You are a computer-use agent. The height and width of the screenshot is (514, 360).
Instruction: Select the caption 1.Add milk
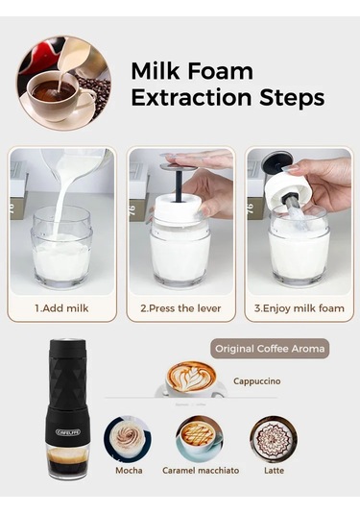[x=61, y=309]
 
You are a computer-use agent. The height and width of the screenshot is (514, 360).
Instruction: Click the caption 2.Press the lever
[x=180, y=309]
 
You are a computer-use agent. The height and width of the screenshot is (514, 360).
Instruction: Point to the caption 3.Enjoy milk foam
[x=299, y=309]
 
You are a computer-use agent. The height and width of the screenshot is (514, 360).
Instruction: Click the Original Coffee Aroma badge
[x=269, y=348]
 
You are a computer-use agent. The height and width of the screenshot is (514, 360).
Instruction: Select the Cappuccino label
[x=256, y=381]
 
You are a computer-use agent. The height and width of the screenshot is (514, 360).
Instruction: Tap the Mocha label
[x=129, y=470]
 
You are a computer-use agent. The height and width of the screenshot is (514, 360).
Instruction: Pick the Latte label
[x=274, y=470]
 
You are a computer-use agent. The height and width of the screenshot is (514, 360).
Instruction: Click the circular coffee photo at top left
[x=63, y=83]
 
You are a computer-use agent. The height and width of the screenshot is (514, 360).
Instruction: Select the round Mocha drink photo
[x=128, y=438]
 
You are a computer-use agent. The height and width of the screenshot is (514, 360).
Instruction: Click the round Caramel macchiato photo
[x=201, y=438]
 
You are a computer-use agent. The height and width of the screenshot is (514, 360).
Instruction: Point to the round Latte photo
[x=274, y=439]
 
